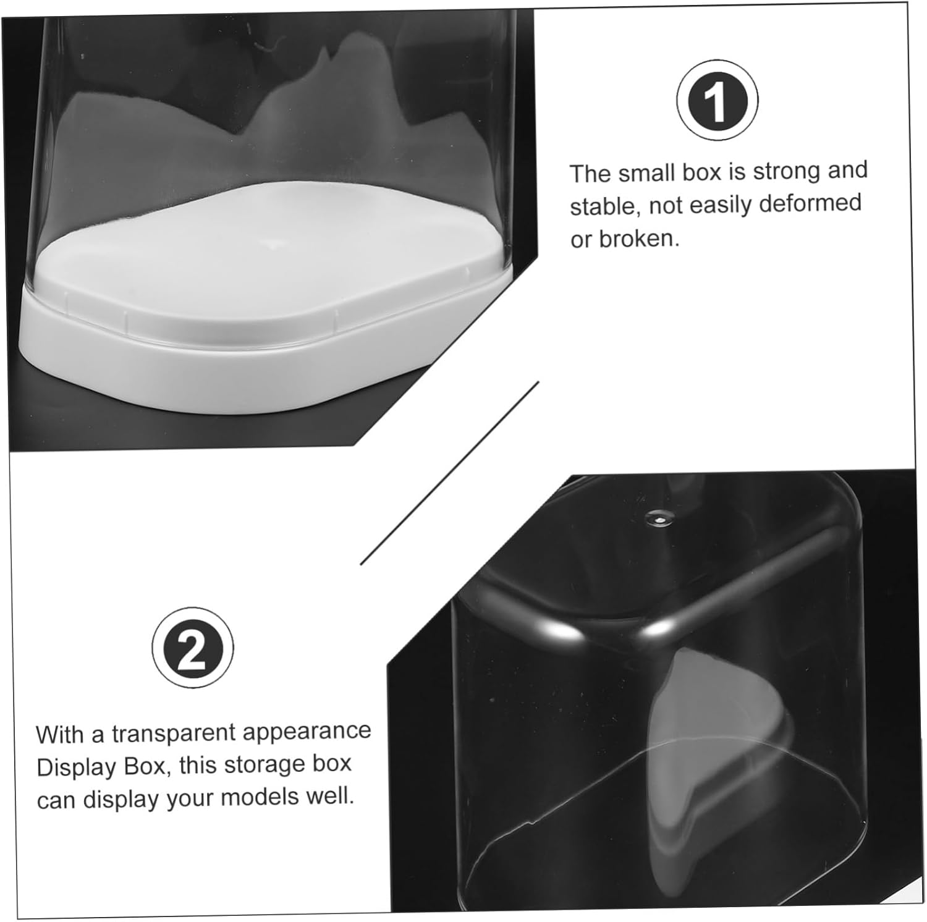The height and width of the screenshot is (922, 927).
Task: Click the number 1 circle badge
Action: pyautogui.click(x=717, y=101)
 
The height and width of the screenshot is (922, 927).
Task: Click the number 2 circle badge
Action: pyautogui.click(x=193, y=648)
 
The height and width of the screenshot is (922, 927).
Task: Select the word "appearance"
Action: pyautogui.click(x=307, y=732)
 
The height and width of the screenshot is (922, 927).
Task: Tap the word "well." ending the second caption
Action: pyautogui.click(x=331, y=796)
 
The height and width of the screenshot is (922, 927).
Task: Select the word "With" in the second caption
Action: pyautogui.click(x=60, y=736)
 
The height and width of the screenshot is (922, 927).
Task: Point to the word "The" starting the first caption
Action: pyautogui.click(x=590, y=174)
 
